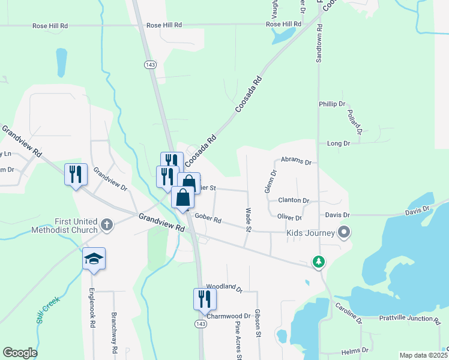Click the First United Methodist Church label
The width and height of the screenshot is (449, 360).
pyautogui.click(x=76, y=226)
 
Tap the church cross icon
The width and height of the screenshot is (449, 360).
pyautogui.click(x=107, y=225)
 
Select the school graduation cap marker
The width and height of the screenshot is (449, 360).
pyautogui.click(x=94, y=259)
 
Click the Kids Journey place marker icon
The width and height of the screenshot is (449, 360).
pyautogui.click(x=344, y=232)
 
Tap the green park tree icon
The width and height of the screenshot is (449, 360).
pyautogui.click(x=318, y=262)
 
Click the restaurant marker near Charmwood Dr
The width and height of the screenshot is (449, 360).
pyautogui.click(x=204, y=298)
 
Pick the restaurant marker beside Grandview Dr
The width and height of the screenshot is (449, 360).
pyautogui.click(x=76, y=174)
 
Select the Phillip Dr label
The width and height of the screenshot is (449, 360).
pyautogui.click(x=332, y=104)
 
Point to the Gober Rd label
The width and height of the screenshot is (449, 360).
pyautogui.click(x=208, y=220)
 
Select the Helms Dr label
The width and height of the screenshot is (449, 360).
pyautogui.click(x=354, y=350)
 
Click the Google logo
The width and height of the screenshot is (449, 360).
pyautogui.click(x=20, y=353)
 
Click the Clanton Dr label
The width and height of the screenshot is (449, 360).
pyautogui.click(x=294, y=200)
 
